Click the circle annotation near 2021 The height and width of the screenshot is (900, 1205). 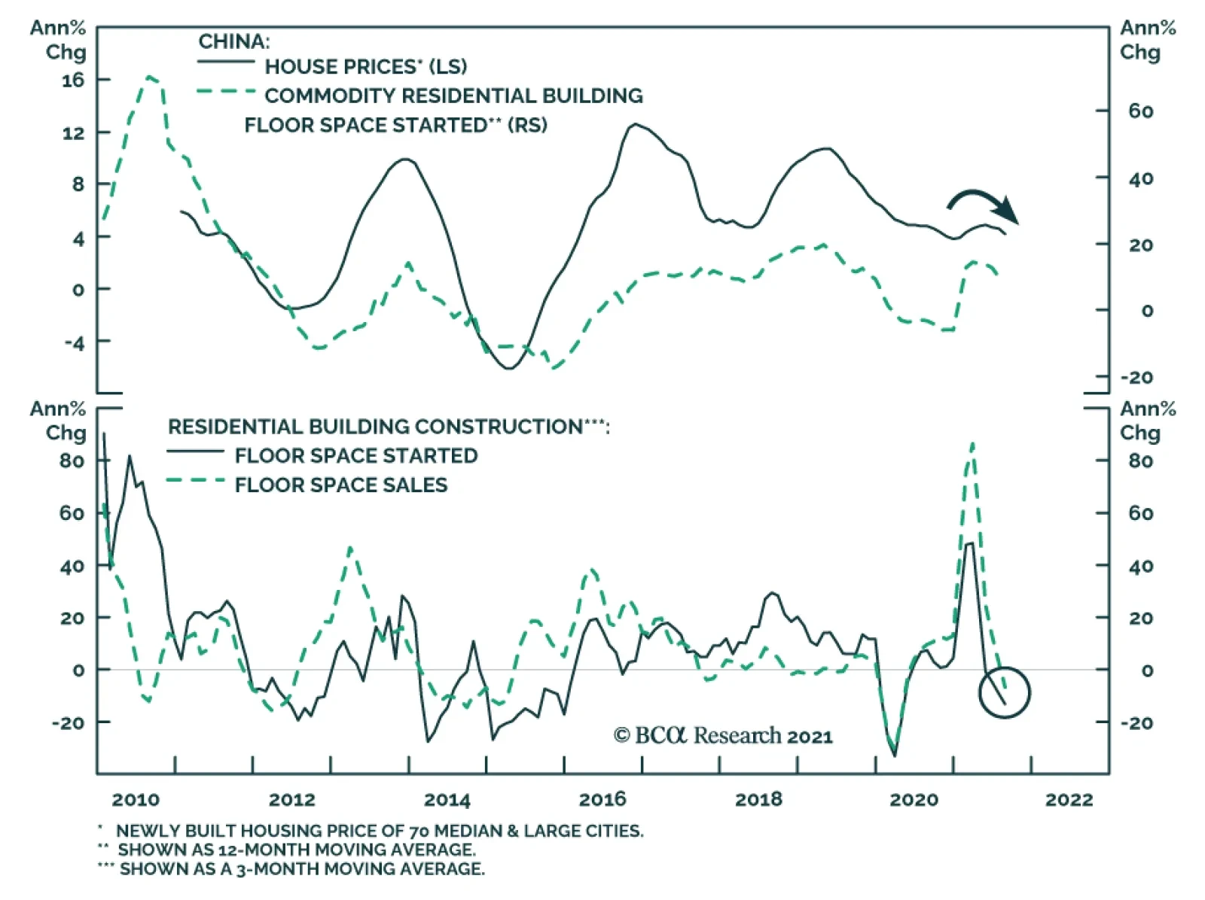coord(1004,692)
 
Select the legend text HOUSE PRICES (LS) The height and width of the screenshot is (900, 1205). coord(365,66)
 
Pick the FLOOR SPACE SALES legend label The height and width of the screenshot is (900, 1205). coord(340,485)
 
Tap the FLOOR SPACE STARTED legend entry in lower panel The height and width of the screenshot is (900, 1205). coord(355,455)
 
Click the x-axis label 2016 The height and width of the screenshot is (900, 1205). coord(602,799)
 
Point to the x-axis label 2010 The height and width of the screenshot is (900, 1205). coord(136,799)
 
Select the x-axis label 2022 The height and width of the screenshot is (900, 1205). coord(1069,799)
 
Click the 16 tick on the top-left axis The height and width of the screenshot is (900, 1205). coord(73,80)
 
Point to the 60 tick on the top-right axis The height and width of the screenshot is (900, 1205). coord(1140,111)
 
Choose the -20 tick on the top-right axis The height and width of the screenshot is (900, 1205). coord(1136,377)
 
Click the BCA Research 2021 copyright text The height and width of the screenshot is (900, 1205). coord(723,735)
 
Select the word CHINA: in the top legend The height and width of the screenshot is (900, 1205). coord(233,41)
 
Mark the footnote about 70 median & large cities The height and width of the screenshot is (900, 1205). coord(379,831)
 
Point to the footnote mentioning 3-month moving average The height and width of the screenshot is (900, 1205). coord(301,868)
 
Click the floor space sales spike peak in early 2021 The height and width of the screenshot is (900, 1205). coord(972,444)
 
